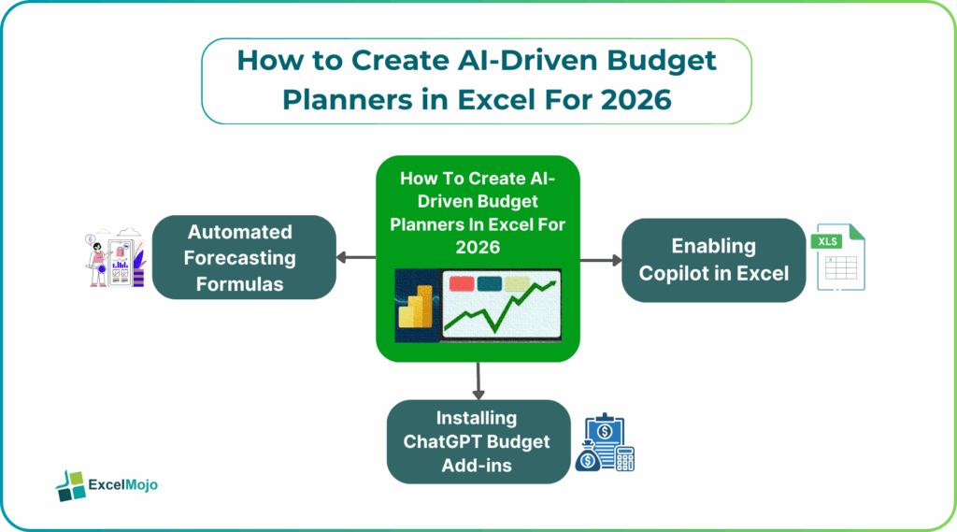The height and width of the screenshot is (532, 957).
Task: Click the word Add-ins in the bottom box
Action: click(x=478, y=465)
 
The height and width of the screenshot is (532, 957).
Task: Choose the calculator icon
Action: click(x=624, y=458)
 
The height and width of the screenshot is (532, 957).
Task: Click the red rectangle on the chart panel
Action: click(x=460, y=283)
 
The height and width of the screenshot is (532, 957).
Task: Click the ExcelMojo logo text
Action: click(x=122, y=484)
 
